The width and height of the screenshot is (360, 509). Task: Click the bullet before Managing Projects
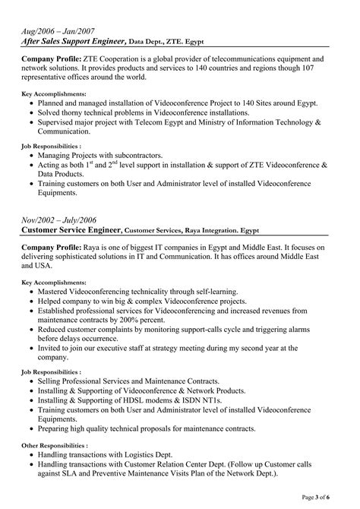pyautogui.click(x=30, y=154)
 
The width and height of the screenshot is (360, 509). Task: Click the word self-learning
pyautogui.click(x=211, y=291)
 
